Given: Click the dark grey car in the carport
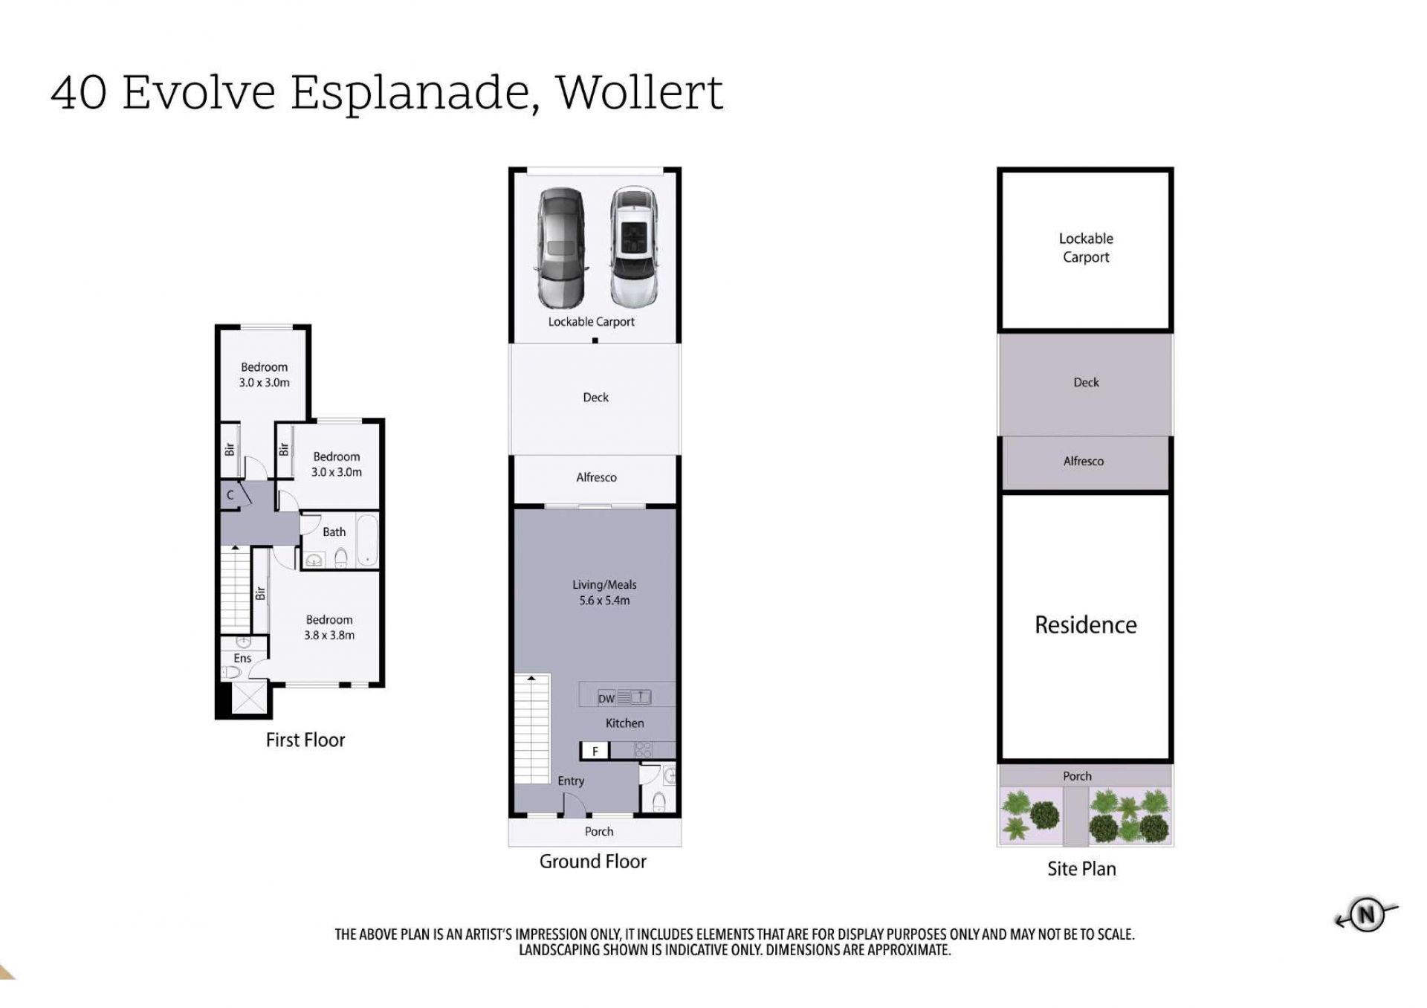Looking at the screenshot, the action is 562,248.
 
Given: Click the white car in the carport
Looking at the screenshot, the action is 634,246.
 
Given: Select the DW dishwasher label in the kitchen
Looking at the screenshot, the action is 606,699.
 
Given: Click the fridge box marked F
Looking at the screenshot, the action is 595,751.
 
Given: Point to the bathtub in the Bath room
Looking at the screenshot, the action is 366,540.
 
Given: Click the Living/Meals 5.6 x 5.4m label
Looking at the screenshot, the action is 604,592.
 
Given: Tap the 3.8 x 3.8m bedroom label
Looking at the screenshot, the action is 329,627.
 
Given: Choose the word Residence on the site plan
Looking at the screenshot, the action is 1085,625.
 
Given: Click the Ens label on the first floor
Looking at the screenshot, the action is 242,658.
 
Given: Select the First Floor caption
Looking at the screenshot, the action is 305,740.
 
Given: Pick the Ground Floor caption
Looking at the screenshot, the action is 593,861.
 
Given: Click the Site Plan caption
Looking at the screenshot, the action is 1081,868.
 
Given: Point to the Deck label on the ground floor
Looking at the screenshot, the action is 595,398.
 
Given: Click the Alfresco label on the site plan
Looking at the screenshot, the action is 1084,461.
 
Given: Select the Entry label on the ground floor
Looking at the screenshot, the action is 571,781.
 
